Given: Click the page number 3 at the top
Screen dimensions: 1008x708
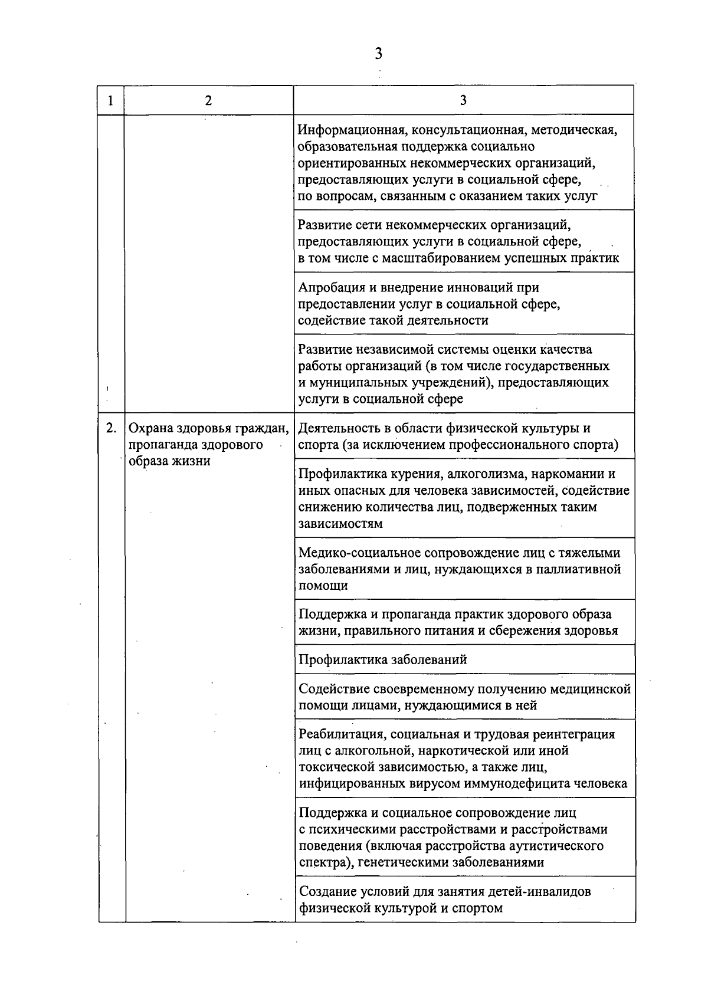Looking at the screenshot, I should pos(378,54).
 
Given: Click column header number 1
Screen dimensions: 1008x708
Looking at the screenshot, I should pos(111,100).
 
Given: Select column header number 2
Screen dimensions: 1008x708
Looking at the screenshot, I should pos(208,100).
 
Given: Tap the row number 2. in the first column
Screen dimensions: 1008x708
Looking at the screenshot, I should pos(111,428).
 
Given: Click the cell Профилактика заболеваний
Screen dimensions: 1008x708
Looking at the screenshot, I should pos(383,659).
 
